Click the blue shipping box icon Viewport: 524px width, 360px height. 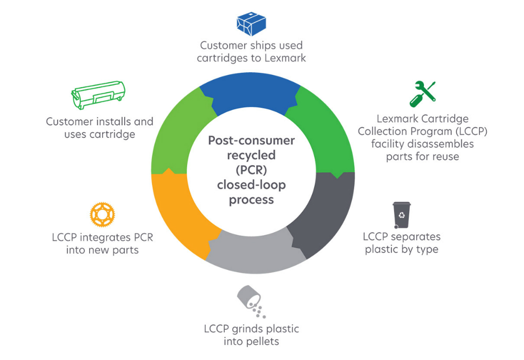251,23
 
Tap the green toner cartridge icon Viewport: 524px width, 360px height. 98,97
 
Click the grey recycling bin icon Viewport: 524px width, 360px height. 402,215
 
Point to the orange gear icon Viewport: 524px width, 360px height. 102,214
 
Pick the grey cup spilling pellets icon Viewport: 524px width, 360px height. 249,301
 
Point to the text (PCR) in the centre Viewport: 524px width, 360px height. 251,170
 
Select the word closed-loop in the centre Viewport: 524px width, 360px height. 251,185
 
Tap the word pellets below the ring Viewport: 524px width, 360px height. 261,342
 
